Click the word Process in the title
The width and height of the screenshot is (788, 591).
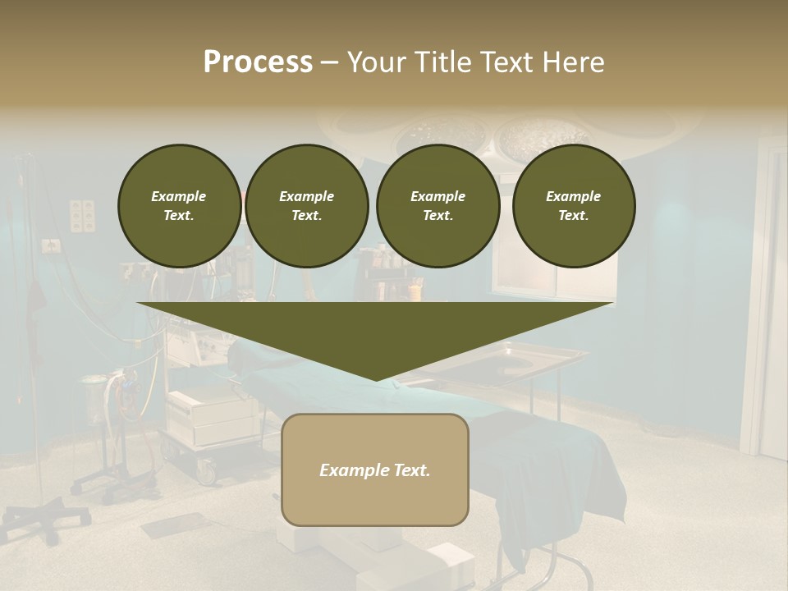point(258,62)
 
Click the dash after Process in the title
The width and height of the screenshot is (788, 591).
point(329,63)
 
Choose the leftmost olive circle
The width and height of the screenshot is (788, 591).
point(179,205)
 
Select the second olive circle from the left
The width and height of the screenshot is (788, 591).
point(306,205)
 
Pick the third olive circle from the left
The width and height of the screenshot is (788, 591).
point(438,205)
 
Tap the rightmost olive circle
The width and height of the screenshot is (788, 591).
point(573,205)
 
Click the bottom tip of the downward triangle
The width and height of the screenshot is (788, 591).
point(376,379)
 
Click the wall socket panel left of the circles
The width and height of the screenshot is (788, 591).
point(82,215)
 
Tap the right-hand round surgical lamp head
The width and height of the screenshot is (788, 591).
point(541,135)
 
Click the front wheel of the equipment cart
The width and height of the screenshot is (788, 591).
point(204,472)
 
